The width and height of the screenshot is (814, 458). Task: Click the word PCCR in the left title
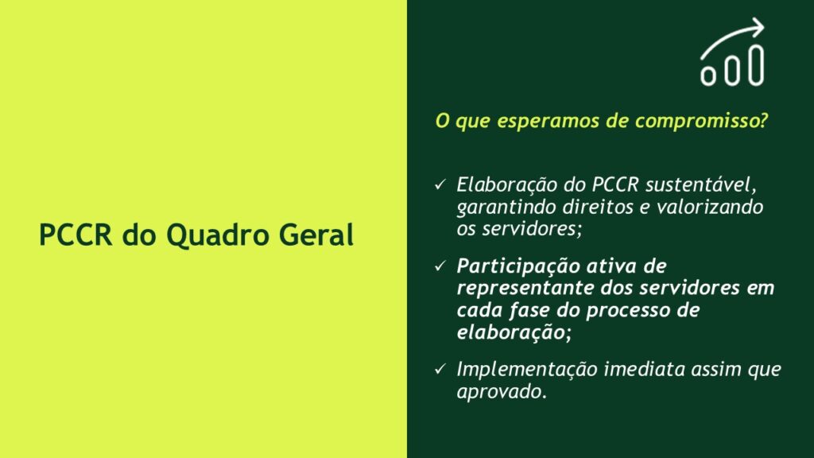[76, 235]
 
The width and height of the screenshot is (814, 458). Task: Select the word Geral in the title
[316, 235]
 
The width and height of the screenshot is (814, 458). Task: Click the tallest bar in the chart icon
[756, 65]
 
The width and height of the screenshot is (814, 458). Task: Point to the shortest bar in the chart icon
[708, 76]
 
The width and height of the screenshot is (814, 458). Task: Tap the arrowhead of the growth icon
[758, 28]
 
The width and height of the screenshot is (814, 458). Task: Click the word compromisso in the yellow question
[701, 121]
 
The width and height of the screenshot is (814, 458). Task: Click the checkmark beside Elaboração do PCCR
[440, 184]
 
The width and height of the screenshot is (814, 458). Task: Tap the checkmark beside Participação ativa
[440, 266]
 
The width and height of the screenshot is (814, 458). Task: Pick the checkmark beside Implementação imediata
[440, 369]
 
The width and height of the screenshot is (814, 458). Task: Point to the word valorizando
[710, 208]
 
